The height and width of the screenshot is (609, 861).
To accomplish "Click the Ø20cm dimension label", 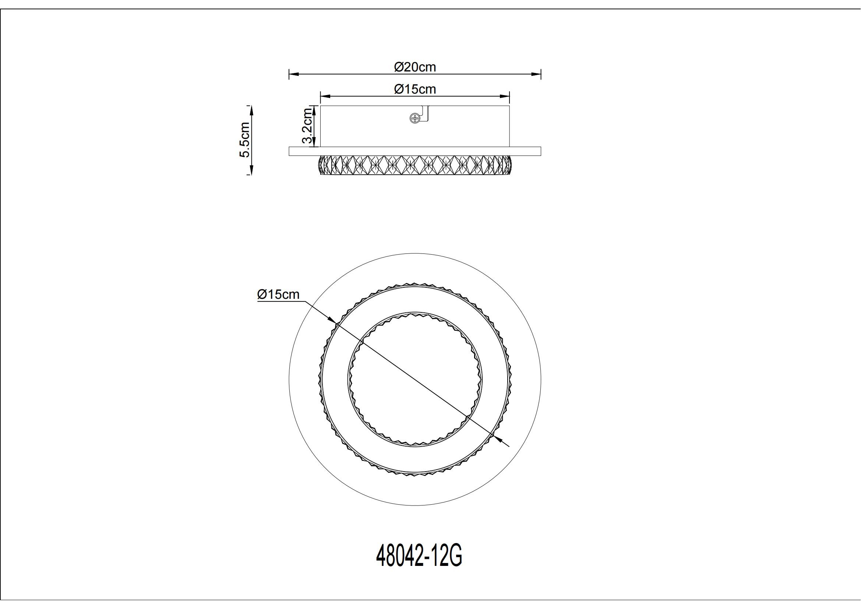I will click(415, 67).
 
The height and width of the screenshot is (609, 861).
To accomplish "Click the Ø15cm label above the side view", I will click(415, 89).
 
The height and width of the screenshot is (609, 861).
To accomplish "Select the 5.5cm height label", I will click(245, 140).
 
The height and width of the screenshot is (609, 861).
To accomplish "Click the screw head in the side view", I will click(415, 119).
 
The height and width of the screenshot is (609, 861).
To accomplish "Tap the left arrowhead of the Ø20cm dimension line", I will click(293, 74).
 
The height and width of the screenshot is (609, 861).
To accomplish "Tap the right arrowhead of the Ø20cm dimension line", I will click(537, 74).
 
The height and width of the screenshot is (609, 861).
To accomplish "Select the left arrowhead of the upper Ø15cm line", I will click(324, 97).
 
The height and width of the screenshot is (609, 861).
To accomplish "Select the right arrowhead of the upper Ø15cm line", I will click(506, 97).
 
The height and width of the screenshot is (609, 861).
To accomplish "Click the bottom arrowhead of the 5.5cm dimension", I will click(251, 171).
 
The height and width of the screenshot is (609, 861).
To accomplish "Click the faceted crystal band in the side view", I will click(415, 165).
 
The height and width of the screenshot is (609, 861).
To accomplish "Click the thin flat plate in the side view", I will click(415, 151).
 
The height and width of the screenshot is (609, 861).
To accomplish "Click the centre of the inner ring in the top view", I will click(415, 379).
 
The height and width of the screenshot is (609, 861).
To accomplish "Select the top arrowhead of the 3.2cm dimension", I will click(314, 109).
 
